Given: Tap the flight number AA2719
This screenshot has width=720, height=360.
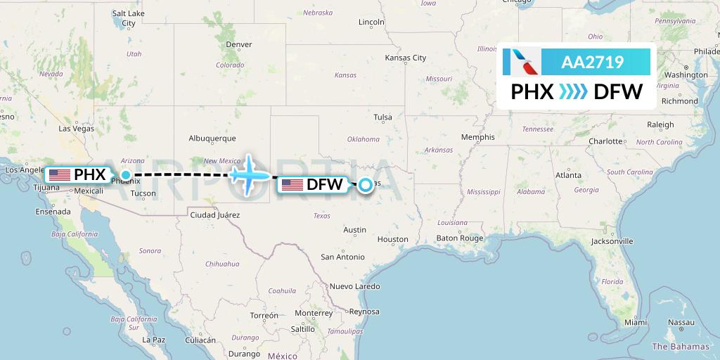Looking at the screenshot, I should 592,62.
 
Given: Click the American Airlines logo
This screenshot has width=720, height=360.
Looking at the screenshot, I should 522,62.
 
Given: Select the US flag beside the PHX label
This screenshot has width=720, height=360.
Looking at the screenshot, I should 60,174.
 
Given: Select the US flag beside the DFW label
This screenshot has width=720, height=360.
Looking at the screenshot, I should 292,185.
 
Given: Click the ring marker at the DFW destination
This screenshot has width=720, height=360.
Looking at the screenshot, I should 366,186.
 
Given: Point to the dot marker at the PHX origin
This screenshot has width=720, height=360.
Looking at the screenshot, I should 126,174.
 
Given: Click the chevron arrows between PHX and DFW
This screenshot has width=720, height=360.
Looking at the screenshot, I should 574,91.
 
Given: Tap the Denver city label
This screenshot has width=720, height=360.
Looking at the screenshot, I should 239,44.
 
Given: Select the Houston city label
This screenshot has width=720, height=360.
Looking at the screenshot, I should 392,239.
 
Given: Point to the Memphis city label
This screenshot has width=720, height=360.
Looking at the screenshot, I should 477,137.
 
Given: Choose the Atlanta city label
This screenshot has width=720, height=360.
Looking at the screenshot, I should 568,175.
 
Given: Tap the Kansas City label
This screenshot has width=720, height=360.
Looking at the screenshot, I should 405,58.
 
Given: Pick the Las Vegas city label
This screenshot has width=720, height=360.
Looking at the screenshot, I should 76,129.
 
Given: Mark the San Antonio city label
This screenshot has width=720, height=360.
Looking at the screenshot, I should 342,257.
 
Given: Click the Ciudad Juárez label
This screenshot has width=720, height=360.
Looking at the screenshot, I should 214,214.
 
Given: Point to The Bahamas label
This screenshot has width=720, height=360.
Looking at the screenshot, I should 681,346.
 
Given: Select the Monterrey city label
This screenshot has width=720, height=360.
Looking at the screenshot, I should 314,313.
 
